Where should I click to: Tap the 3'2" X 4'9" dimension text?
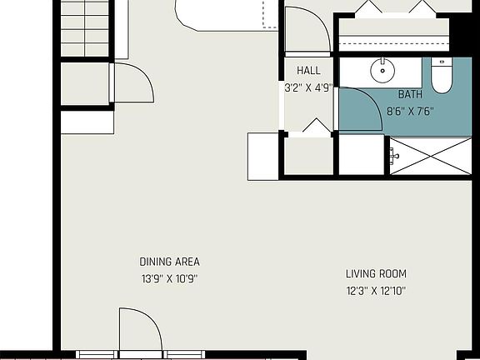click(x=308, y=86)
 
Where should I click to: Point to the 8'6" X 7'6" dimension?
click(x=410, y=110)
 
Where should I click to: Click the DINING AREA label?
click(x=169, y=262)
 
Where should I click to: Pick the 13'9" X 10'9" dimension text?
click(x=169, y=278)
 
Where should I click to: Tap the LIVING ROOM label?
click(x=377, y=273)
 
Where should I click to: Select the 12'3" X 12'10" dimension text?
click(x=377, y=291)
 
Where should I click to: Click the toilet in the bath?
click(x=441, y=76)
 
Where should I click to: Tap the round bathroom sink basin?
click(x=383, y=71)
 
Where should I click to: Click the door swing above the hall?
click(x=307, y=27)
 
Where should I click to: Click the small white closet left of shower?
click(x=361, y=155)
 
